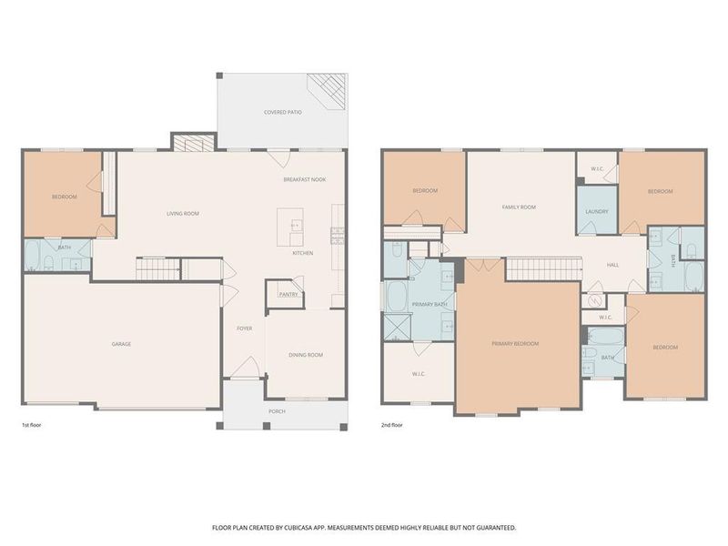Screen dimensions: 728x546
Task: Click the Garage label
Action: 122,344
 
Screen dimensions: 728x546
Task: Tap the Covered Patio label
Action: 283,112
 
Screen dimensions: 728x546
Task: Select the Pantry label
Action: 288,294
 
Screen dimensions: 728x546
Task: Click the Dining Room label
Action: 306,355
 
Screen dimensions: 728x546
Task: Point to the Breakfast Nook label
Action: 304,179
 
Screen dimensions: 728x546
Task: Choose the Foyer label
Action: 245,329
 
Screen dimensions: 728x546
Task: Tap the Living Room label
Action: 182,214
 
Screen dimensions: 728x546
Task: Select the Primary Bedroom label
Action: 515,344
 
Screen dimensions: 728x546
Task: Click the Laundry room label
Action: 597,211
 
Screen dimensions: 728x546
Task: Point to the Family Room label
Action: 519,207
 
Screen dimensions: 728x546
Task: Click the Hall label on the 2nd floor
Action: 613,265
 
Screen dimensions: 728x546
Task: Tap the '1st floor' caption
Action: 33,425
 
